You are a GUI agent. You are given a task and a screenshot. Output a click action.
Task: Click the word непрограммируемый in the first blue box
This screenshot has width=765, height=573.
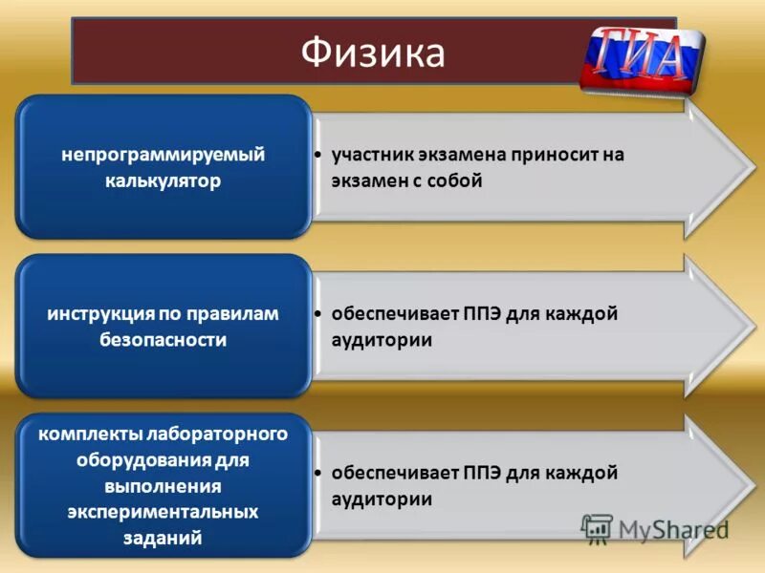(x=164, y=154)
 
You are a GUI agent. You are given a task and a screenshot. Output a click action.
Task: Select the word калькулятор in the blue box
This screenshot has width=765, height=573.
(x=164, y=180)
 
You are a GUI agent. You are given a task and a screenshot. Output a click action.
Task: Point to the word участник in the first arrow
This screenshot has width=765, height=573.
(x=370, y=155)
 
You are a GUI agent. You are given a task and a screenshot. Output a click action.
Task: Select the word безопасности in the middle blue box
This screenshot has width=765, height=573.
(x=164, y=339)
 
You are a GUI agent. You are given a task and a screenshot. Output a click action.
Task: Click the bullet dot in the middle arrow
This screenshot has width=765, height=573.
(x=318, y=314)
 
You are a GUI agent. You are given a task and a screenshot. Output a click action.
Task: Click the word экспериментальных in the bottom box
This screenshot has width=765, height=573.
(x=164, y=512)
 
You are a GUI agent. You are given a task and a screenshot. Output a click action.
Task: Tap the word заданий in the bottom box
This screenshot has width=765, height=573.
(x=164, y=538)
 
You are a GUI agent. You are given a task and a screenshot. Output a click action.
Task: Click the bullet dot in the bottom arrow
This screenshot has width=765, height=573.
(x=318, y=474)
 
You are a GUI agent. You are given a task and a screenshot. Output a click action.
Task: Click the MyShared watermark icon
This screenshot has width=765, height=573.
(x=597, y=529)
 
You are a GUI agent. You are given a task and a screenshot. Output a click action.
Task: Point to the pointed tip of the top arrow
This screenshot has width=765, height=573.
(x=752, y=168)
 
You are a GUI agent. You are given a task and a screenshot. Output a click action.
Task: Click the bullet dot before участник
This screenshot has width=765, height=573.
(x=318, y=155)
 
